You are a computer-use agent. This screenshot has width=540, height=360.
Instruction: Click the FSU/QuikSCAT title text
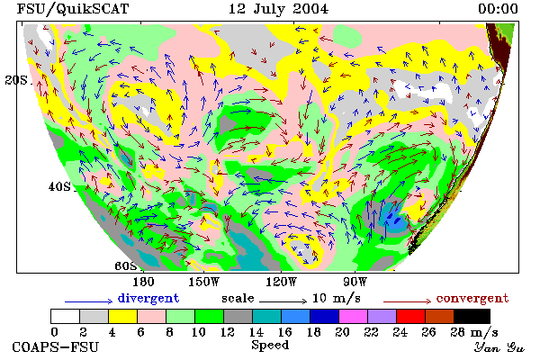pos(73,9)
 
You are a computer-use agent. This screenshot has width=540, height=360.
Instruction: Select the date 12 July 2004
pos(279,9)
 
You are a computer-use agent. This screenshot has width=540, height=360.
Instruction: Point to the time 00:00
pos(498,9)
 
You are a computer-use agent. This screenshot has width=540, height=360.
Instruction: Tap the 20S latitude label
pos(16,80)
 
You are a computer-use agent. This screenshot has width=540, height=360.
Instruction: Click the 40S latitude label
pos(59,186)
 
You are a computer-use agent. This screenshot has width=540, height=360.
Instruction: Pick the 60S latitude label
pos(126,266)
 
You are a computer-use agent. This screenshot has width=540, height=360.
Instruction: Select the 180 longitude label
pos(143,282)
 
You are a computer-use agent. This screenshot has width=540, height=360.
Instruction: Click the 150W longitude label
pos(204,282)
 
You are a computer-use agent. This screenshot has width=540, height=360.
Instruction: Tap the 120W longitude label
pos(281,282)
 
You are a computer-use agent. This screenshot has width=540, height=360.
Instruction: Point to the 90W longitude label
pos(355,282)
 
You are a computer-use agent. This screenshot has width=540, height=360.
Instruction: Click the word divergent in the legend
pos(148,298)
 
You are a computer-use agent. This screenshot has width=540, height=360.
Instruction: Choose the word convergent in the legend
pos(472,298)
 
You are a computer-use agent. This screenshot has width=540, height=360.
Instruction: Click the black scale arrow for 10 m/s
pos(283,301)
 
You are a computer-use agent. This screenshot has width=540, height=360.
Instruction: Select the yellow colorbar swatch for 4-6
pos(123,316)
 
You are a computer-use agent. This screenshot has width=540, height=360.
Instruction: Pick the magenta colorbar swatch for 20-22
pos(354,316)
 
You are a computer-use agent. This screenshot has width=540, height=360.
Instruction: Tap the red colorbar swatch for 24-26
pos(411,316)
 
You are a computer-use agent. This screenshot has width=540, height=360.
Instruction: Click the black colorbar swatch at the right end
pos(472,316)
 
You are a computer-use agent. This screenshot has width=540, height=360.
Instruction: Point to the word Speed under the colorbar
pos(270,346)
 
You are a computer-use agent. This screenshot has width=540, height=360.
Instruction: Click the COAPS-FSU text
pos(56,346)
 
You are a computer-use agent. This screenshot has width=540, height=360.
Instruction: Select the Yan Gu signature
pos(499,347)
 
